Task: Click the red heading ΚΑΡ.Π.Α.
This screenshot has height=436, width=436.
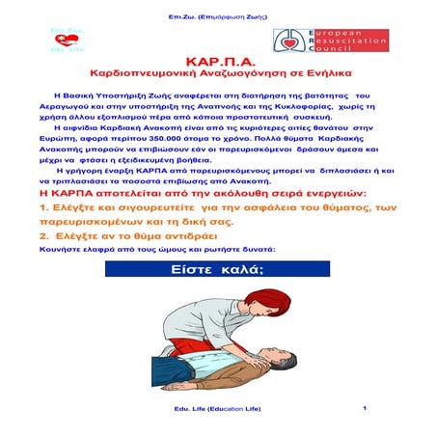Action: tap(217, 57)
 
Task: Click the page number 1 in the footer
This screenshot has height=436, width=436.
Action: tap(366, 408)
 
